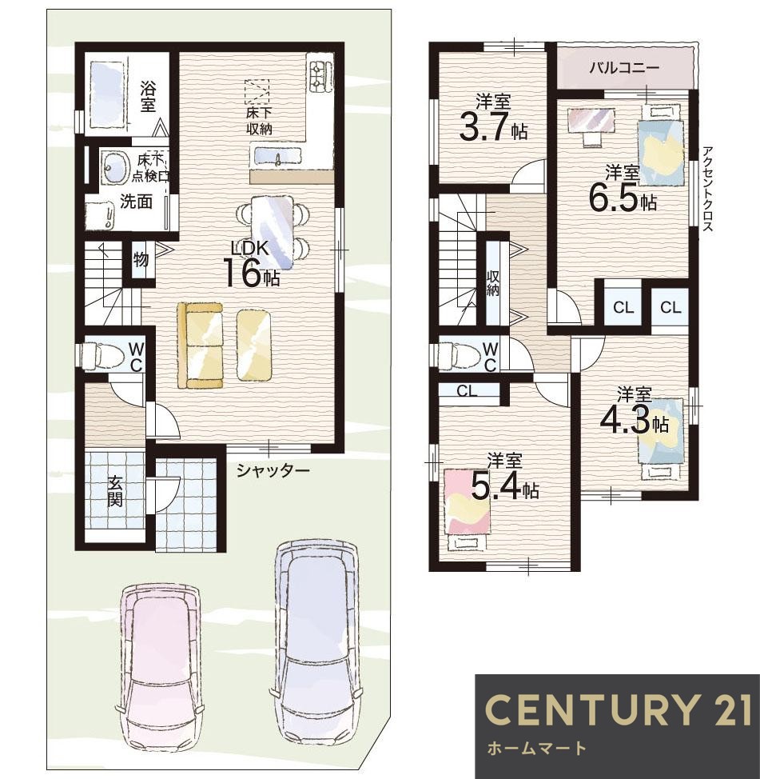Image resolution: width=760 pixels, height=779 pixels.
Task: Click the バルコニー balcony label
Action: click(x=624, y=67)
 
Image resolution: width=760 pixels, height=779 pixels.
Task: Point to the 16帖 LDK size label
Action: click(x=253, y=273)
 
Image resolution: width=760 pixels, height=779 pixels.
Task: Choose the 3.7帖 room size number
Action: click(x=493, y=127)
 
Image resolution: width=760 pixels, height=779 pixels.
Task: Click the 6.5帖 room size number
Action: click(x=623, y=198)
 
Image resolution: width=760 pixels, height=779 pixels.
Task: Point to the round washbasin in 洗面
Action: click(x=113, y=165)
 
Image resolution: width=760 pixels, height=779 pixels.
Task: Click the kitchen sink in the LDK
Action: click(x=278, y=157)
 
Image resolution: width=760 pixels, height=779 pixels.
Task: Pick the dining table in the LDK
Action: click(x=273, y=232)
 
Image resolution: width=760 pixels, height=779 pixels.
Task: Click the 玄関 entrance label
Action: click(x=114, y=490)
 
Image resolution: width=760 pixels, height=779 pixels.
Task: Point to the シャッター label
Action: click(x=273, y=469)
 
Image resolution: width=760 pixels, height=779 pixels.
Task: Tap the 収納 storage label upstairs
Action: click(x=492, y=284)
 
